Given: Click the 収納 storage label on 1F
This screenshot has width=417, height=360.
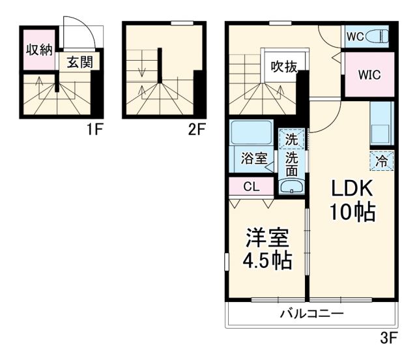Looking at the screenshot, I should tap(38, 50).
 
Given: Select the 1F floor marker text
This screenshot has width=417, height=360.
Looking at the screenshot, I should tap(95, 128).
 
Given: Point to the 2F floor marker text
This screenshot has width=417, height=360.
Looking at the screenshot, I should tap(197, 128).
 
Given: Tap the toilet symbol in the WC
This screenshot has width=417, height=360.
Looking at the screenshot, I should tap(377, 35).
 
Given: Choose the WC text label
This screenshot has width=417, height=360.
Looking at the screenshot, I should tap(354, 35).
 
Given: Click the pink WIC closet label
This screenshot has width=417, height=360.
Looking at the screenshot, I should tap(368, 74).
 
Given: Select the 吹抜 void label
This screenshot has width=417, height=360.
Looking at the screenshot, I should tap(284, 67).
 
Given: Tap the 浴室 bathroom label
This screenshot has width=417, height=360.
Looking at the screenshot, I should tap(253, 158).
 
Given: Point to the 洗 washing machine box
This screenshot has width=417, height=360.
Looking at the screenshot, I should tap(292, 139).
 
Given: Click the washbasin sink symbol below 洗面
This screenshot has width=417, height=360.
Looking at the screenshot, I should tap(292, 187).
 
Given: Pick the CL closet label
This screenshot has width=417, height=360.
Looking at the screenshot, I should tap(251, 187).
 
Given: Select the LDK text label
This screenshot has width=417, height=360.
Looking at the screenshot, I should tap(352, 189).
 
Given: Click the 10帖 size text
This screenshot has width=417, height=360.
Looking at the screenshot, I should tap(352, 213).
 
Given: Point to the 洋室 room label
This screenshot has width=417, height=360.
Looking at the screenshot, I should tap(267, 236).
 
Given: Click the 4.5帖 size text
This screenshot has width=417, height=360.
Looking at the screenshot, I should tap(267, 261).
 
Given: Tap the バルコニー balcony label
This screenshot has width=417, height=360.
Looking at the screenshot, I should tap(311, 314).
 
